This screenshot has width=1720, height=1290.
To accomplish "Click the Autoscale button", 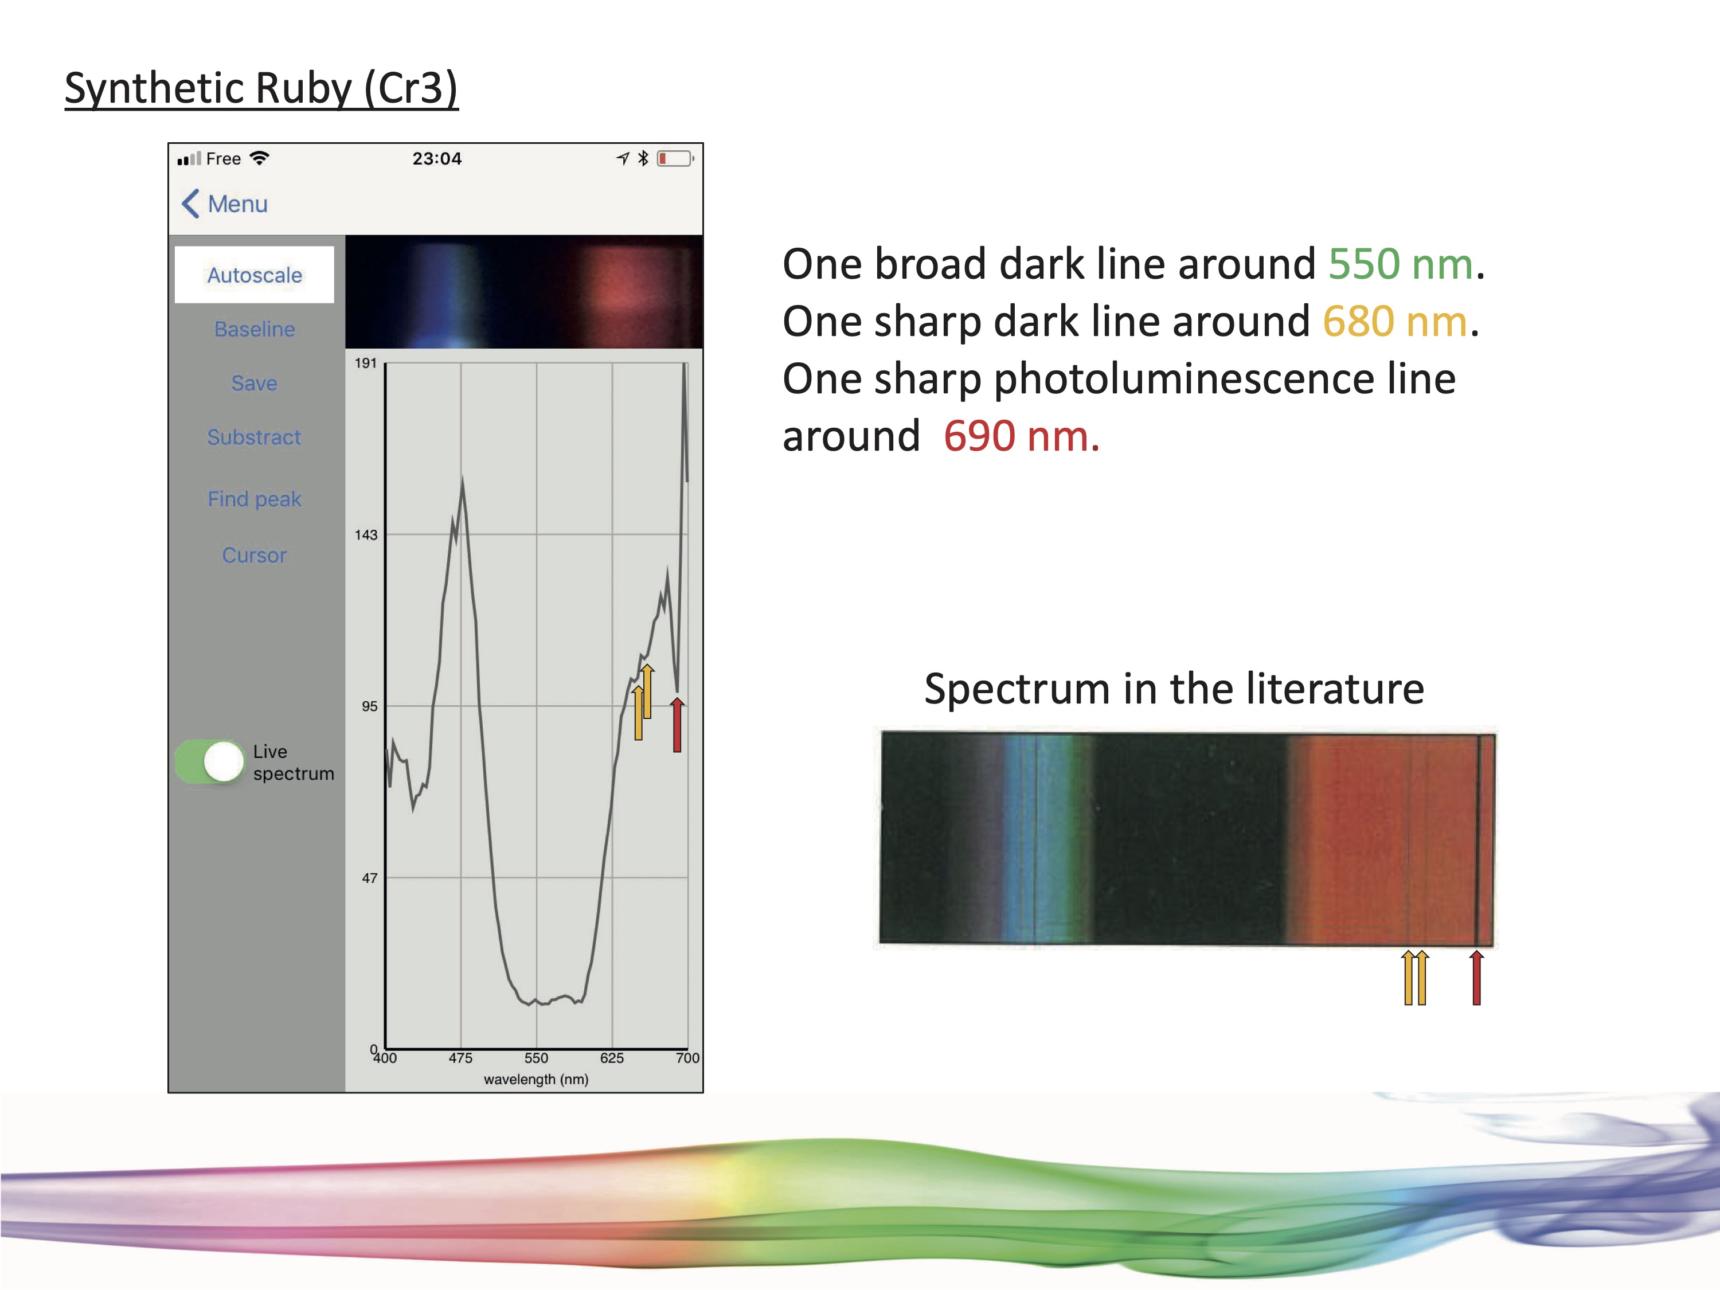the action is [254, 275].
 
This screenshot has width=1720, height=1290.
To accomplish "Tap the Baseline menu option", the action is [254, 329].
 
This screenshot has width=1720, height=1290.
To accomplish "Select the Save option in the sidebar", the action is [254, 382].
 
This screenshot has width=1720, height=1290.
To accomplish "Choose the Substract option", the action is [254, 437].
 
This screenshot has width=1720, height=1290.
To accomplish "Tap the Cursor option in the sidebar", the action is [254, 555].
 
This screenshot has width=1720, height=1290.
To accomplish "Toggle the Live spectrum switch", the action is [210, 761].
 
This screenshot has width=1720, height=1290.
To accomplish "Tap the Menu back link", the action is [225, 204].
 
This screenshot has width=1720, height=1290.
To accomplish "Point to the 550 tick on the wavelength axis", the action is [535, 1057].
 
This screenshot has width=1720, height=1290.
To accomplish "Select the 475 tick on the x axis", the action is [460, 1057].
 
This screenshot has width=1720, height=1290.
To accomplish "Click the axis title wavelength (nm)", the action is [535, 1079].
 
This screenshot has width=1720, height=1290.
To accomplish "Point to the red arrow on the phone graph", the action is [677, 725].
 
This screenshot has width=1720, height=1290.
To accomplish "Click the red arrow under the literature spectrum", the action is [1476, 978].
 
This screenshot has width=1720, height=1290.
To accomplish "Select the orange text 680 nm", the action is [1395, 321].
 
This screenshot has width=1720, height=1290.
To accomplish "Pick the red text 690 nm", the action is [1021, 436].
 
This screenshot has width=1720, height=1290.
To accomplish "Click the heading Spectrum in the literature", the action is [1174, 689].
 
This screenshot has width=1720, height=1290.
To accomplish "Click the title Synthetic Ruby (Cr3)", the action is [261, 88].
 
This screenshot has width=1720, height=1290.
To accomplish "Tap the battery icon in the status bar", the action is [675, 159].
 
